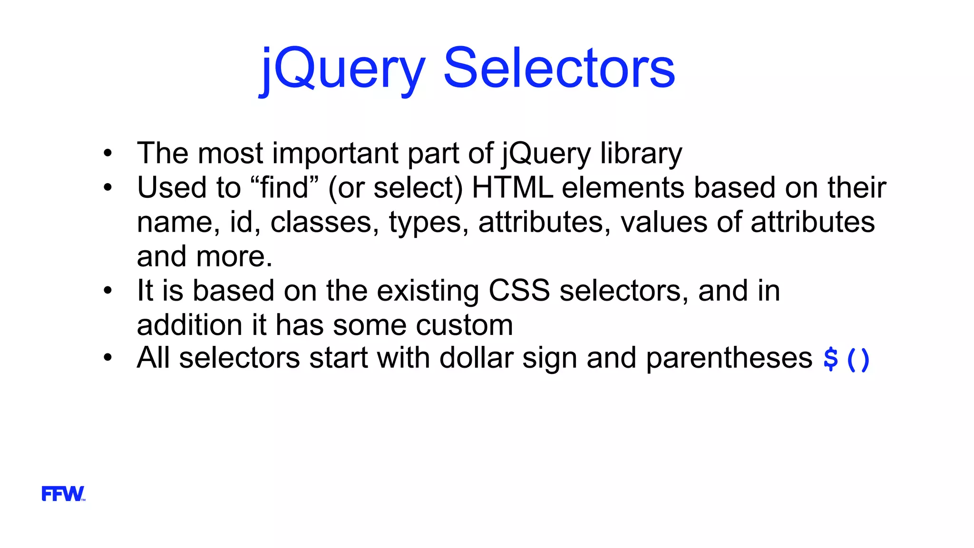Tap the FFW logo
pyautogui.click(x=63, y=494)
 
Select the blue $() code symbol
pyautogui.click(x=847, y=359)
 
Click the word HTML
pyautogui.click(x=512, y=187)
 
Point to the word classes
pyautogui.click(x=321, y=222)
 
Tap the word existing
pyautogui.click(x=428, y=291)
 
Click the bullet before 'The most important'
pyautogui.click(x=108, y=153)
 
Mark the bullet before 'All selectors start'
pyautogui.click(x=108, y=358)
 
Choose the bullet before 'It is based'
pyautogui.click(x=108, y=290)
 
